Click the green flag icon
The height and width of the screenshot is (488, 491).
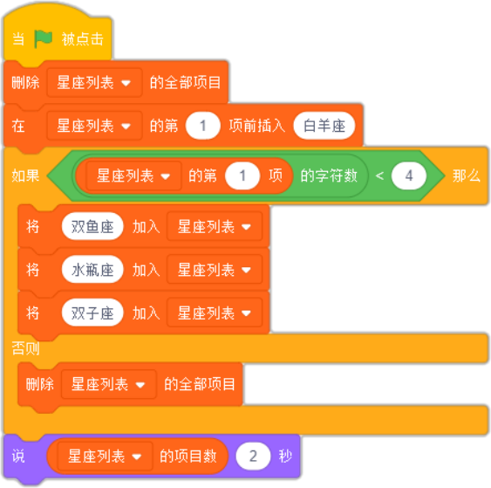43,39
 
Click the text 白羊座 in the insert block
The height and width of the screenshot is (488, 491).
324,126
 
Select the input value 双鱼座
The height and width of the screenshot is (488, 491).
92,227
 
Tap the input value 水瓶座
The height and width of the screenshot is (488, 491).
92,270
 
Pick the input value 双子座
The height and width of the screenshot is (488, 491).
92,313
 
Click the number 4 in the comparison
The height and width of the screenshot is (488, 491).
409,175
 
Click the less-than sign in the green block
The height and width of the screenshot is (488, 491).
379,175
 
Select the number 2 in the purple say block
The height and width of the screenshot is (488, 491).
253,456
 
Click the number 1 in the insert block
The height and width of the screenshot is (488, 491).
203,126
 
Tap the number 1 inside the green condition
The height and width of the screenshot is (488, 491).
242,175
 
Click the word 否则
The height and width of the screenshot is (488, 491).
25,348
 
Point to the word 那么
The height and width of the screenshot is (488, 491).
467,175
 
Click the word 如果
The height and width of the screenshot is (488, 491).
25,175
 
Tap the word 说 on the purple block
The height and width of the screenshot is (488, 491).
18,456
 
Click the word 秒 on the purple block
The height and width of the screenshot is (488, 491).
285,456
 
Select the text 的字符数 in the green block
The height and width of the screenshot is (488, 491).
329,175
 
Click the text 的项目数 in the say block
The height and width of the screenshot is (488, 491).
188,456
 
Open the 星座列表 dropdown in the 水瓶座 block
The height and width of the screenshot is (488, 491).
215,270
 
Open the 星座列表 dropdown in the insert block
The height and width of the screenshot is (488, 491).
94,126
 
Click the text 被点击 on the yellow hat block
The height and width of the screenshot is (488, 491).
82,39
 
